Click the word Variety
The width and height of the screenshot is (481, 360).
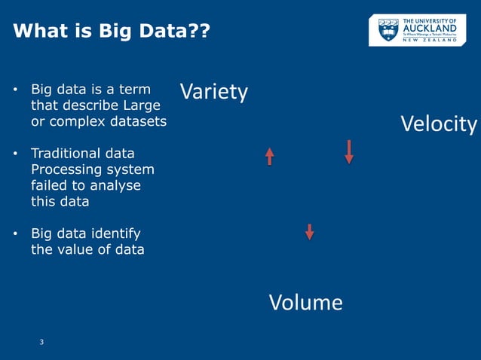coord(214,92)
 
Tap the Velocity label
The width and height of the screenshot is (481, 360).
coord(439,124)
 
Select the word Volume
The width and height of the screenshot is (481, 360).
coord(305,303)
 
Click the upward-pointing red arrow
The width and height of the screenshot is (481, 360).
coord(269,156)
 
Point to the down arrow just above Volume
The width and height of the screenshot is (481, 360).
coord(309,231)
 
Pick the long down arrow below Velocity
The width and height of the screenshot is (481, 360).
coord(349,151)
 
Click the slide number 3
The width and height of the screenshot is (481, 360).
coord(41,343)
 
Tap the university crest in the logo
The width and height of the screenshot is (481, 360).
coord(388,30)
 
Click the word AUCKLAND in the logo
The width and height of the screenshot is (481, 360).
coord(430,28)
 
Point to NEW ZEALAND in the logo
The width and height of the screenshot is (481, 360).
coord(430,40)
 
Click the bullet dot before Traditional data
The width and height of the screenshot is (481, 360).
coord(16,154)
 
